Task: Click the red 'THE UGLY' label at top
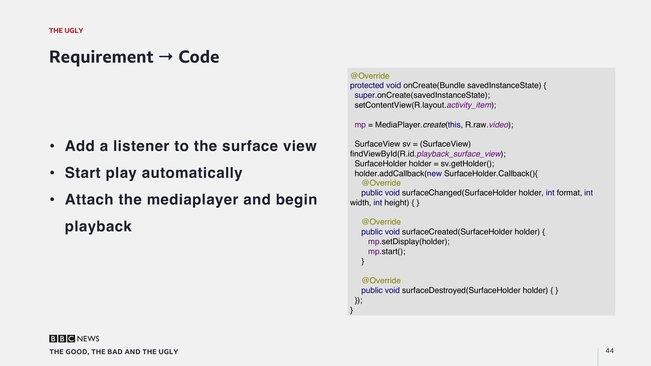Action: coord(66,30)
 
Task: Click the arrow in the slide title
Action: coord(165,57)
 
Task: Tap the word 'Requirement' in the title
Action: coord(101,57)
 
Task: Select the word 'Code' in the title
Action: coord(199,57)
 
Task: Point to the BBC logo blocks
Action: coord(62,339)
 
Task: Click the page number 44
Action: coord(610,351)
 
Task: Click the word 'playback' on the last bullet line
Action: coord(98,226)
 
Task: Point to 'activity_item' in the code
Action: coord(469,105)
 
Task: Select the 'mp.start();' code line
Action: coord(386,251)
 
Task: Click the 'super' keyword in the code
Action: coord(365,95)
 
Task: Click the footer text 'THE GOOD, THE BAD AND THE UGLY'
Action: coord(114,351)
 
